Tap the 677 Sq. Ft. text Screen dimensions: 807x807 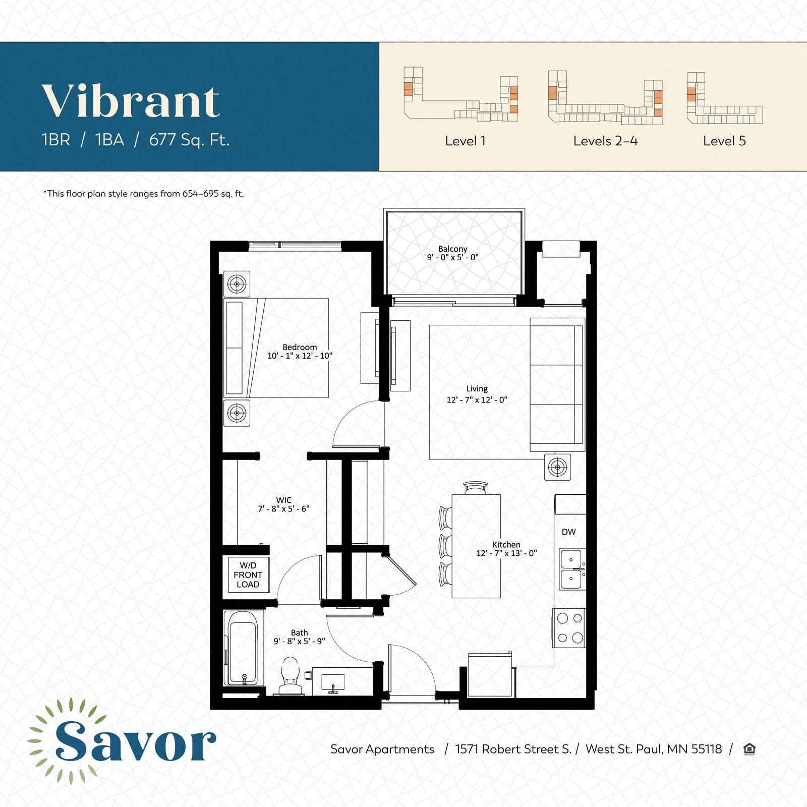pyautogui.click(x=189, y=140)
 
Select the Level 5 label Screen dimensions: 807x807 pyautogui.click(x=724, y=141)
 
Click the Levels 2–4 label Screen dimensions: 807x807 pyautogui.click(x=605, y=141)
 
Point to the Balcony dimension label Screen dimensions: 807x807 pyautogui.click(x=453, y=257)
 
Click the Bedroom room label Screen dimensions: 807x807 pyautogui.click(x=300, y=347)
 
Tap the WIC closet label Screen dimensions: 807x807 pyautogui.click(x=283, y=500)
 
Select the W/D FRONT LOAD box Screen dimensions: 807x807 pyautogui.click(x=248, y=575)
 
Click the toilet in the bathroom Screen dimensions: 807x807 pyautogui.click(x=290, y=676)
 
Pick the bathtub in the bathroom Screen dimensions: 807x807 pyautogui.click(x=243, y=648)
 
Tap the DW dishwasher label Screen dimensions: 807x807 pyautogui.click(x=568, y=532)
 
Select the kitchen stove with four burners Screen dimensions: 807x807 pyautogui.click(x=569, y=628)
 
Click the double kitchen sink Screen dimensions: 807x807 pyautogui.click(x=573, y=569)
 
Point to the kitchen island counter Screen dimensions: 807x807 pyautogui.click(x=476, y=546)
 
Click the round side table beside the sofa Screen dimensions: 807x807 pyautogui.click(x=557, y=467)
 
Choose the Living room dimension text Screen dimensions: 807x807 pyautogui.click(x=477, y=400)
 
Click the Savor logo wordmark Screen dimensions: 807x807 pyautogui.click(x=135, y=741)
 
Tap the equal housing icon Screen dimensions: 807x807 pyautogui.click(x=750, y=749)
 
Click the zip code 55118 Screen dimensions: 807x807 pyautogui.click(x=707, y=749)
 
